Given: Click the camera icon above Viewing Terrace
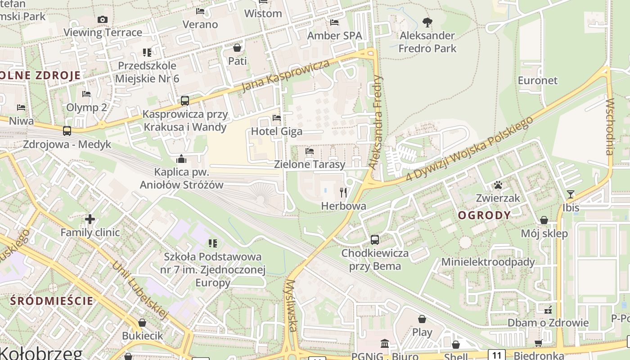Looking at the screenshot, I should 103,19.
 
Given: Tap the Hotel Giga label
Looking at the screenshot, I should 277,131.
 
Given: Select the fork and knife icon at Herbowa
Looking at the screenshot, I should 343,193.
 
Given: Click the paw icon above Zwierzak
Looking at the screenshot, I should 498,185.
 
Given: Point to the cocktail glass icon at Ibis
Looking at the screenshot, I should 571,194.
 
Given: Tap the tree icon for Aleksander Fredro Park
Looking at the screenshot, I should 427,22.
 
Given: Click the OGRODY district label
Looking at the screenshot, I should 484,215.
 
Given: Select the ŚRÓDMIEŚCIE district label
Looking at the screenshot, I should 52,301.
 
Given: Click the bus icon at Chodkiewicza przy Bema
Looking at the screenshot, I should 375,240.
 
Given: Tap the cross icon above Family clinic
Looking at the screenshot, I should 90,219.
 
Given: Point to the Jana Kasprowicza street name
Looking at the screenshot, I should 286,75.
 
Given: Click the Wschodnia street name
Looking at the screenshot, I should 610,127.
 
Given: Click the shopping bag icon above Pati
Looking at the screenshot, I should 237,47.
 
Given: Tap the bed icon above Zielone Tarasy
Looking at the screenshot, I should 310,151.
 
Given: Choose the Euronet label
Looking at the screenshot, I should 537,81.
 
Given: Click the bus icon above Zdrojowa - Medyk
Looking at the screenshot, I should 67,131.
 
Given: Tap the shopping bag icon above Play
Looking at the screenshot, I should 422,319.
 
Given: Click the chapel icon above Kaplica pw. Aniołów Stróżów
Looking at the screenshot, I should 181,159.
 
